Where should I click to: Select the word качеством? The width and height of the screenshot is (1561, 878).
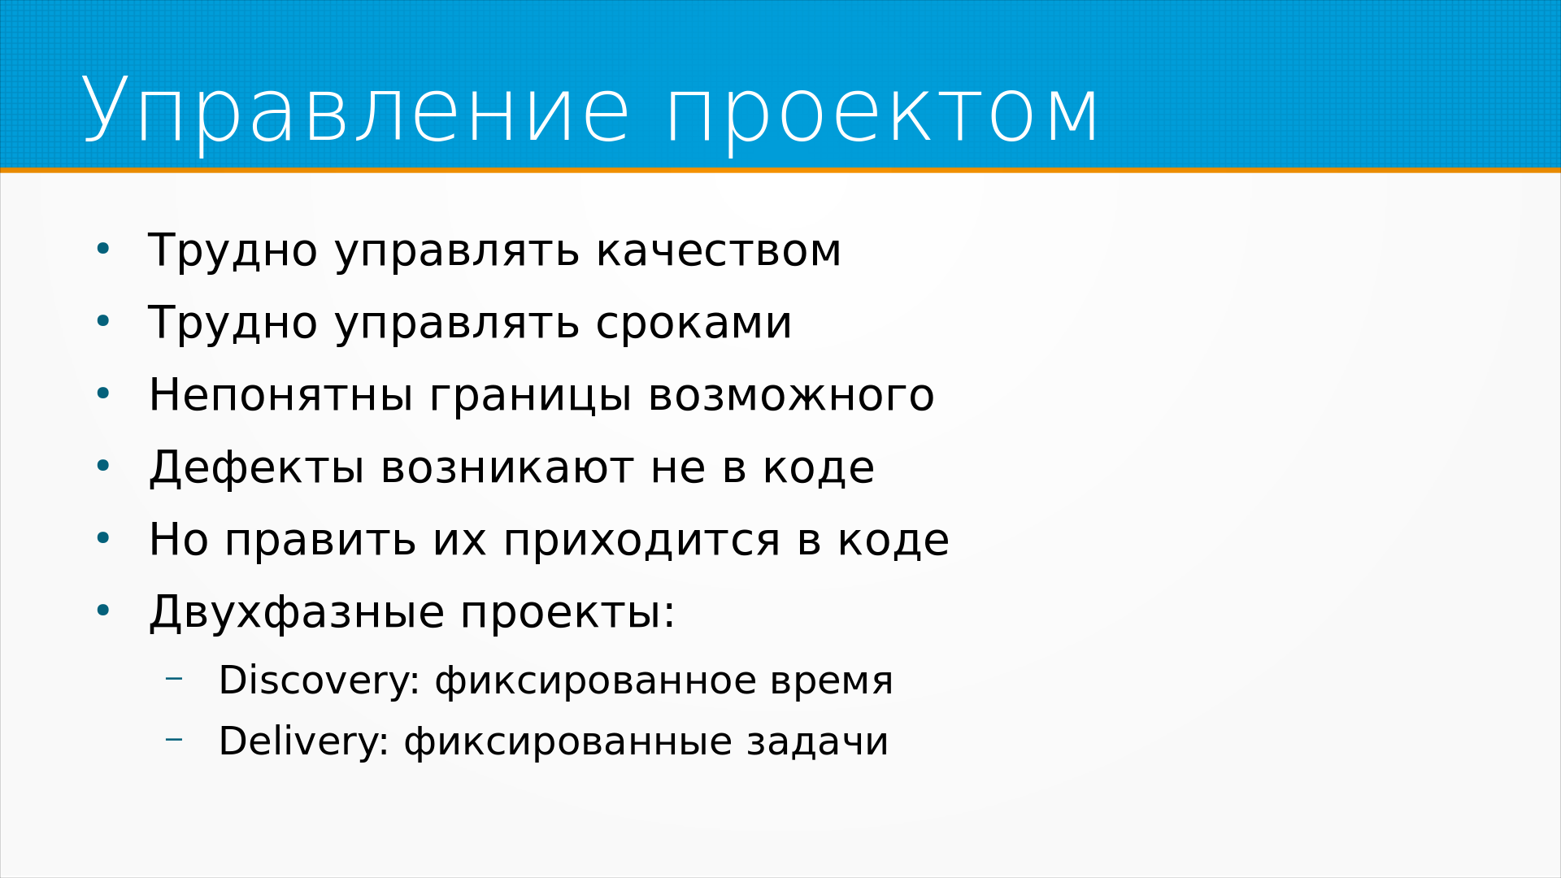719,250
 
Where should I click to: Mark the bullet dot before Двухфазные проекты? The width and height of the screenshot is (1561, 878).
102,610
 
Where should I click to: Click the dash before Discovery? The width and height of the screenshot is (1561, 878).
173,678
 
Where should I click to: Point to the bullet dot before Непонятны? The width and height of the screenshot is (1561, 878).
102,393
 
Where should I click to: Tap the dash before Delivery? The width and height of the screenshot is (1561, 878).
173,739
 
